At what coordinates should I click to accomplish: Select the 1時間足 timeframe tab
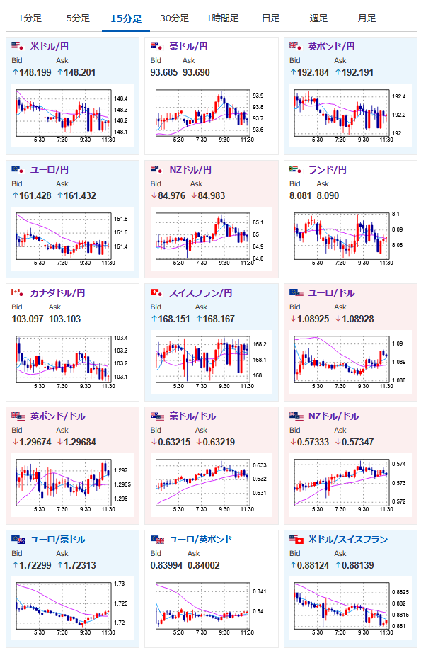222,18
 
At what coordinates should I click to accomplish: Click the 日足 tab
271,18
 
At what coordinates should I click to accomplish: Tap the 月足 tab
367,18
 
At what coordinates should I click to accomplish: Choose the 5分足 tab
78,18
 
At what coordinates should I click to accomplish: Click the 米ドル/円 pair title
50,46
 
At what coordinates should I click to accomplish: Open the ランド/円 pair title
328,169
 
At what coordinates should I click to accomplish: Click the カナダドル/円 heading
58,292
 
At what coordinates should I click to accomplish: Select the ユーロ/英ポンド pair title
201,540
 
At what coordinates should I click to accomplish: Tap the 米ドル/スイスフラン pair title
348,540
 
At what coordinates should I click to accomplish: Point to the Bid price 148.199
35,72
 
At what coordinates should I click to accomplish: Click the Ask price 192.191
357,72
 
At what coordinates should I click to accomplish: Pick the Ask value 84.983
212,195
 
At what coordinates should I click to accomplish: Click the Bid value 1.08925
313,319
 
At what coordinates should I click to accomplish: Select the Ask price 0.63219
219,442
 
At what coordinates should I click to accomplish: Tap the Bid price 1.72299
35,565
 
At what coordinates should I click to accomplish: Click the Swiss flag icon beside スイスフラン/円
156,292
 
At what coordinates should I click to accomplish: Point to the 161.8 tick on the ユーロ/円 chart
121,219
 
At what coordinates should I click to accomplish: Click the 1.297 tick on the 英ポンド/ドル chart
120,470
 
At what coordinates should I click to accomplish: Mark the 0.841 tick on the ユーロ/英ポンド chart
259,591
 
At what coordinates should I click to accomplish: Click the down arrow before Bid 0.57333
293,442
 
